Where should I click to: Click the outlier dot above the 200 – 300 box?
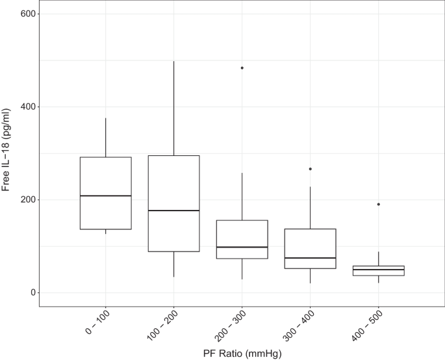point(242,68)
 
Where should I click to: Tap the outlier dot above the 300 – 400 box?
point(310,169)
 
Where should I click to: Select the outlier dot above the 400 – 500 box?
point(378,204)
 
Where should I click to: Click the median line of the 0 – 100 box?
point(105,196)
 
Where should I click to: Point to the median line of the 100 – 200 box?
point(173,211)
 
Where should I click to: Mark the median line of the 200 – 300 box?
point(242,247)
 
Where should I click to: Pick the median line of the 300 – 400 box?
point(310,258)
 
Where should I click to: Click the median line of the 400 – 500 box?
point(378,270)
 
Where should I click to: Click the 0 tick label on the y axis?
point(32,292)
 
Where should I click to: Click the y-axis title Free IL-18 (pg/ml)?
point(8,153)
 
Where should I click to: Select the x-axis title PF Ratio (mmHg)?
point(242,352)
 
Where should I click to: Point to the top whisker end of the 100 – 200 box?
point(173,61)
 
